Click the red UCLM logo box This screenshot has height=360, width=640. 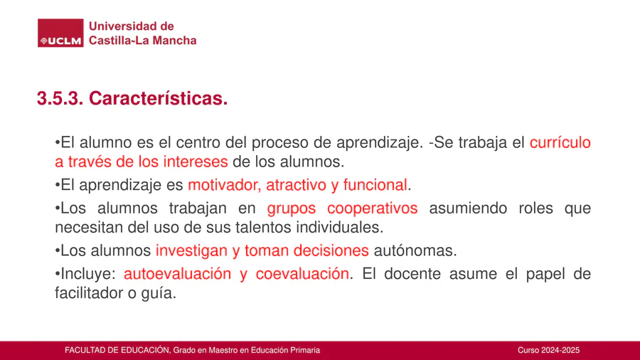[x=60, y=33]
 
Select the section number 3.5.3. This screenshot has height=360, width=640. [x=60, y=98]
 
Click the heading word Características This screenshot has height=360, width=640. [x=159, y=98]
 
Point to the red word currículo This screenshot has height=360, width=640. [x=560, y=142]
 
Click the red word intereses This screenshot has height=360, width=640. [x=196, y=162]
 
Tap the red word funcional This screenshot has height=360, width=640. [x=375, y=185]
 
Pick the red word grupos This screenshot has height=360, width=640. [x=292, y=208]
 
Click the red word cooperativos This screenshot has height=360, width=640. [x=372, y=208]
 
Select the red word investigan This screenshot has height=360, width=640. [x=192, y=251]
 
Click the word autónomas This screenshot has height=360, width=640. [x=415, y=250]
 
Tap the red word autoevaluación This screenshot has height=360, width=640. [x=177, y=274]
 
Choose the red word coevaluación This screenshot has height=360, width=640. [x=302, y=274]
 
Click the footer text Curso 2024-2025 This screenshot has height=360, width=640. [x=548, y=350]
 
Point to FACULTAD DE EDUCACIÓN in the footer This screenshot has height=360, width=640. [x=117, y=350]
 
